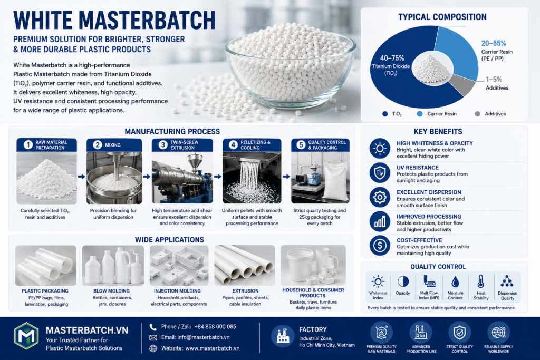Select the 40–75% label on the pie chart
[392, 58]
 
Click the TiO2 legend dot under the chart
[385, 114]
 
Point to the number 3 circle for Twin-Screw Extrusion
[163, 145]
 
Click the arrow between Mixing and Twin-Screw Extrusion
[147, 177]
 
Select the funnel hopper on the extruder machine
[195, 161]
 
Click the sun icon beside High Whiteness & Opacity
[380, 149]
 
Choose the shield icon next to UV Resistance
[380, 173]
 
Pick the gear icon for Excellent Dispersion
[380, 197]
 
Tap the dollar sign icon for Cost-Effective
[380, 246]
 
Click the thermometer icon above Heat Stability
[481, 281]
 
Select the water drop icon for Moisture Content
[455, 281]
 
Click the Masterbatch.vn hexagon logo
[26, 336]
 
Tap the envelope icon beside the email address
[153, 338]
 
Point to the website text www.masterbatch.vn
[213, 348]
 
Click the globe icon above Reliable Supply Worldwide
[498, 333]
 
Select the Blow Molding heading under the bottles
[112, 291]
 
